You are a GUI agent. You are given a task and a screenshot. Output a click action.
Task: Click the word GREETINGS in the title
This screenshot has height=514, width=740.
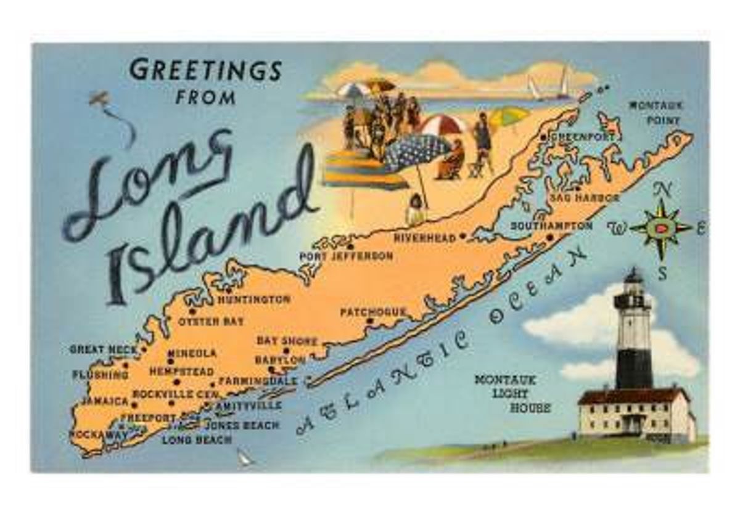click(x=205, y=70)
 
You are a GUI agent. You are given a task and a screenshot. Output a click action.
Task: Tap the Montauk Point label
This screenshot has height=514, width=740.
click(x=656, y=113)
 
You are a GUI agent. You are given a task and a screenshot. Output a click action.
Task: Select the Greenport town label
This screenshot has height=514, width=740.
click(x=583, y=136)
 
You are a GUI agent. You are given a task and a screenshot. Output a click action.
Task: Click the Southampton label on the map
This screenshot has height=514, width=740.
click(x=551, y=226)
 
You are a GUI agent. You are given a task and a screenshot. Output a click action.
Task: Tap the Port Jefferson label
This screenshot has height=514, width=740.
click(x=346, y=256)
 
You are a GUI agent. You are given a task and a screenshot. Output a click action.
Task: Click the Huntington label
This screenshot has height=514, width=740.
click(x=253, y=300)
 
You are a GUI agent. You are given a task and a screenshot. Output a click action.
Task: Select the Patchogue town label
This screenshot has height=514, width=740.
click(x=373, y=312)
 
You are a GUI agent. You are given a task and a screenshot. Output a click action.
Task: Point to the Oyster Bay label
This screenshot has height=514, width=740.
click(x=211, y=321)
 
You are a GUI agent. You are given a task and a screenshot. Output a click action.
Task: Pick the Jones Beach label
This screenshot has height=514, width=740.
click(x=242, y=425)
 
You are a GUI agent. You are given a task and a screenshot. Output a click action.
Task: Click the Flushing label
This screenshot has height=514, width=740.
click(x=100, y=374)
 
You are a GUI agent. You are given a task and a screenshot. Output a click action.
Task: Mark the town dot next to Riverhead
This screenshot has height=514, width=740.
click(x=462, y=237)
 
